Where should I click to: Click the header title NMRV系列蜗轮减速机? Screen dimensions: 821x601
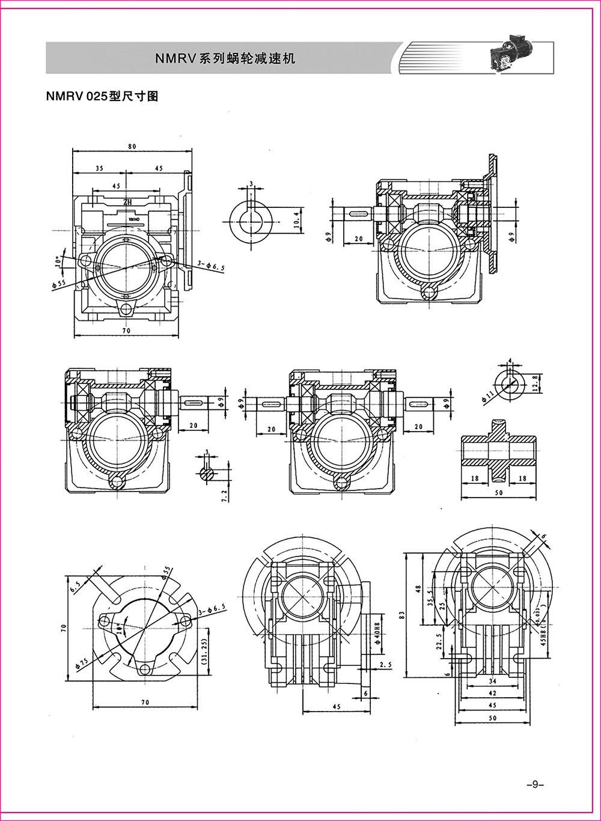(225, 59)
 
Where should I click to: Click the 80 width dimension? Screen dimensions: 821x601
(132, 146)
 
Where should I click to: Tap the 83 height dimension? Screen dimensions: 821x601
(402, 614)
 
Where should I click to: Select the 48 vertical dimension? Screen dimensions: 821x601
(419, 590)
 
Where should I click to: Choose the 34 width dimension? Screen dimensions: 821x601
(492, 681)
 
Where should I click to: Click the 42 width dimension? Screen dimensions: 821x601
(492, 692)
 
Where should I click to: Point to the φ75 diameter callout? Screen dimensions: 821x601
(81, 662)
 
